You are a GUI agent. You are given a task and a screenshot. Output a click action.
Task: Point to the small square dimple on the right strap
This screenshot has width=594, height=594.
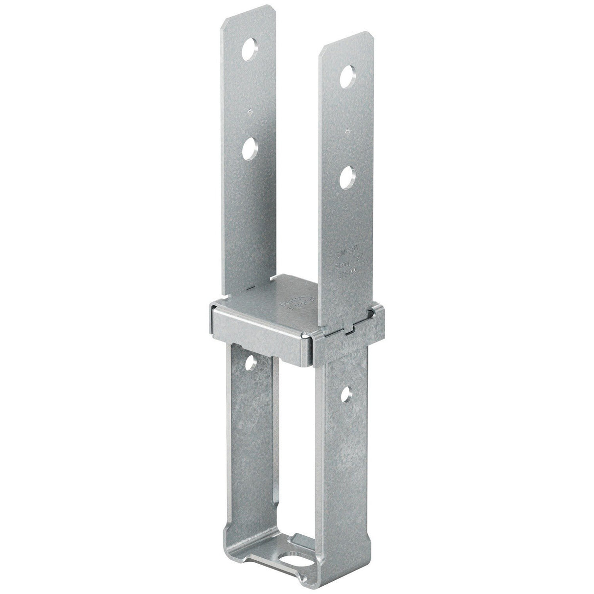point(348,132)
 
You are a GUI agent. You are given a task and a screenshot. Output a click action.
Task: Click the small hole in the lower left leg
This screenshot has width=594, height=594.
point(251,362)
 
